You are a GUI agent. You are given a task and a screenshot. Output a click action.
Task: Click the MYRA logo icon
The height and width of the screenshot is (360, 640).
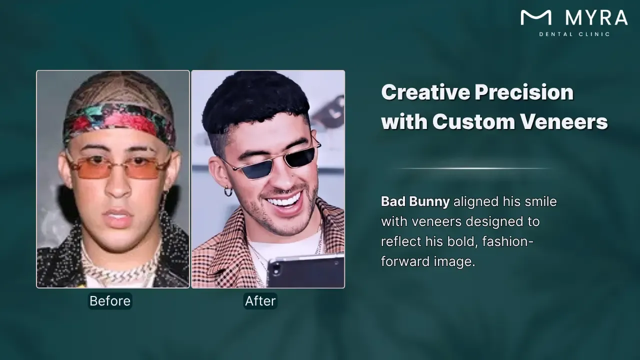(536, 18)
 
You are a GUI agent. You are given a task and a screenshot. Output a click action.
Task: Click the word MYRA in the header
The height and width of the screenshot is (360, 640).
(596, 18)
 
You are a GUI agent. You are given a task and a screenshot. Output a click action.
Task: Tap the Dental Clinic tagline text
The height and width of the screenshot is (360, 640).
(574, 34)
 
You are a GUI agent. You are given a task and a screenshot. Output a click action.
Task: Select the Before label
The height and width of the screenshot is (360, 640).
(110, 301)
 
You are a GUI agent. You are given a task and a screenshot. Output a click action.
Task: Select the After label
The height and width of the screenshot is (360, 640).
(260, 301)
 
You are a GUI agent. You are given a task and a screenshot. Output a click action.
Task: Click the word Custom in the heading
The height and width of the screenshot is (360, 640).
(466, 122)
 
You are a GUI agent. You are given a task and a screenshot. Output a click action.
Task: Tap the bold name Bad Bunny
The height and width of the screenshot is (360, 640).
(415, 201)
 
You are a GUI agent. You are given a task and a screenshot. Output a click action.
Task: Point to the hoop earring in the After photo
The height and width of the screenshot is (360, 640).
(228, 191)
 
